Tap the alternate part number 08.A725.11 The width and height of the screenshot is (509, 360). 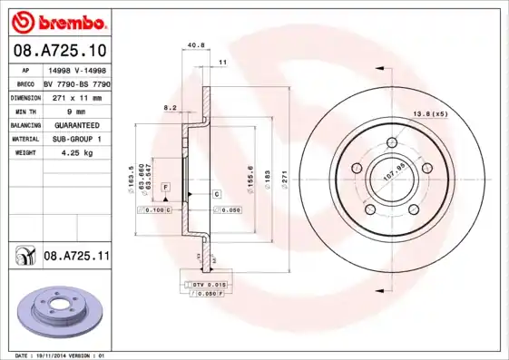(x=76, y=258)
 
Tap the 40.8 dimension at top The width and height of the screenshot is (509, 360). (x=193, y=44)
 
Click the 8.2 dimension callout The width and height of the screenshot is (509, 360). (x=170, y=107)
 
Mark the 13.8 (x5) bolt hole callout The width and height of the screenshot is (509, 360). (x=431, y=113)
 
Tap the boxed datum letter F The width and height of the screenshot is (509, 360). (x=166, y=186)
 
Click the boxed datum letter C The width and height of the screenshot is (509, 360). (x=217, y=194)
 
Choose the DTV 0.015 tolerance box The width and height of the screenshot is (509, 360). (x=203, y=285)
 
